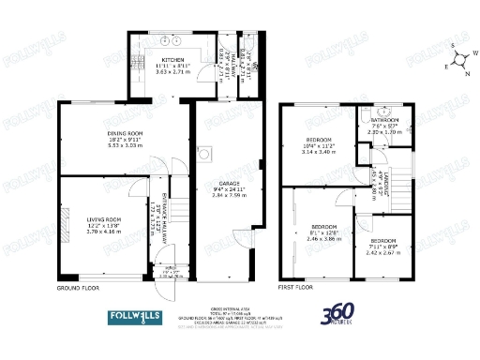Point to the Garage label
point(226,187)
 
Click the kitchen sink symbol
point(170,41)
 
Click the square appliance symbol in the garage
point(205,153)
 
